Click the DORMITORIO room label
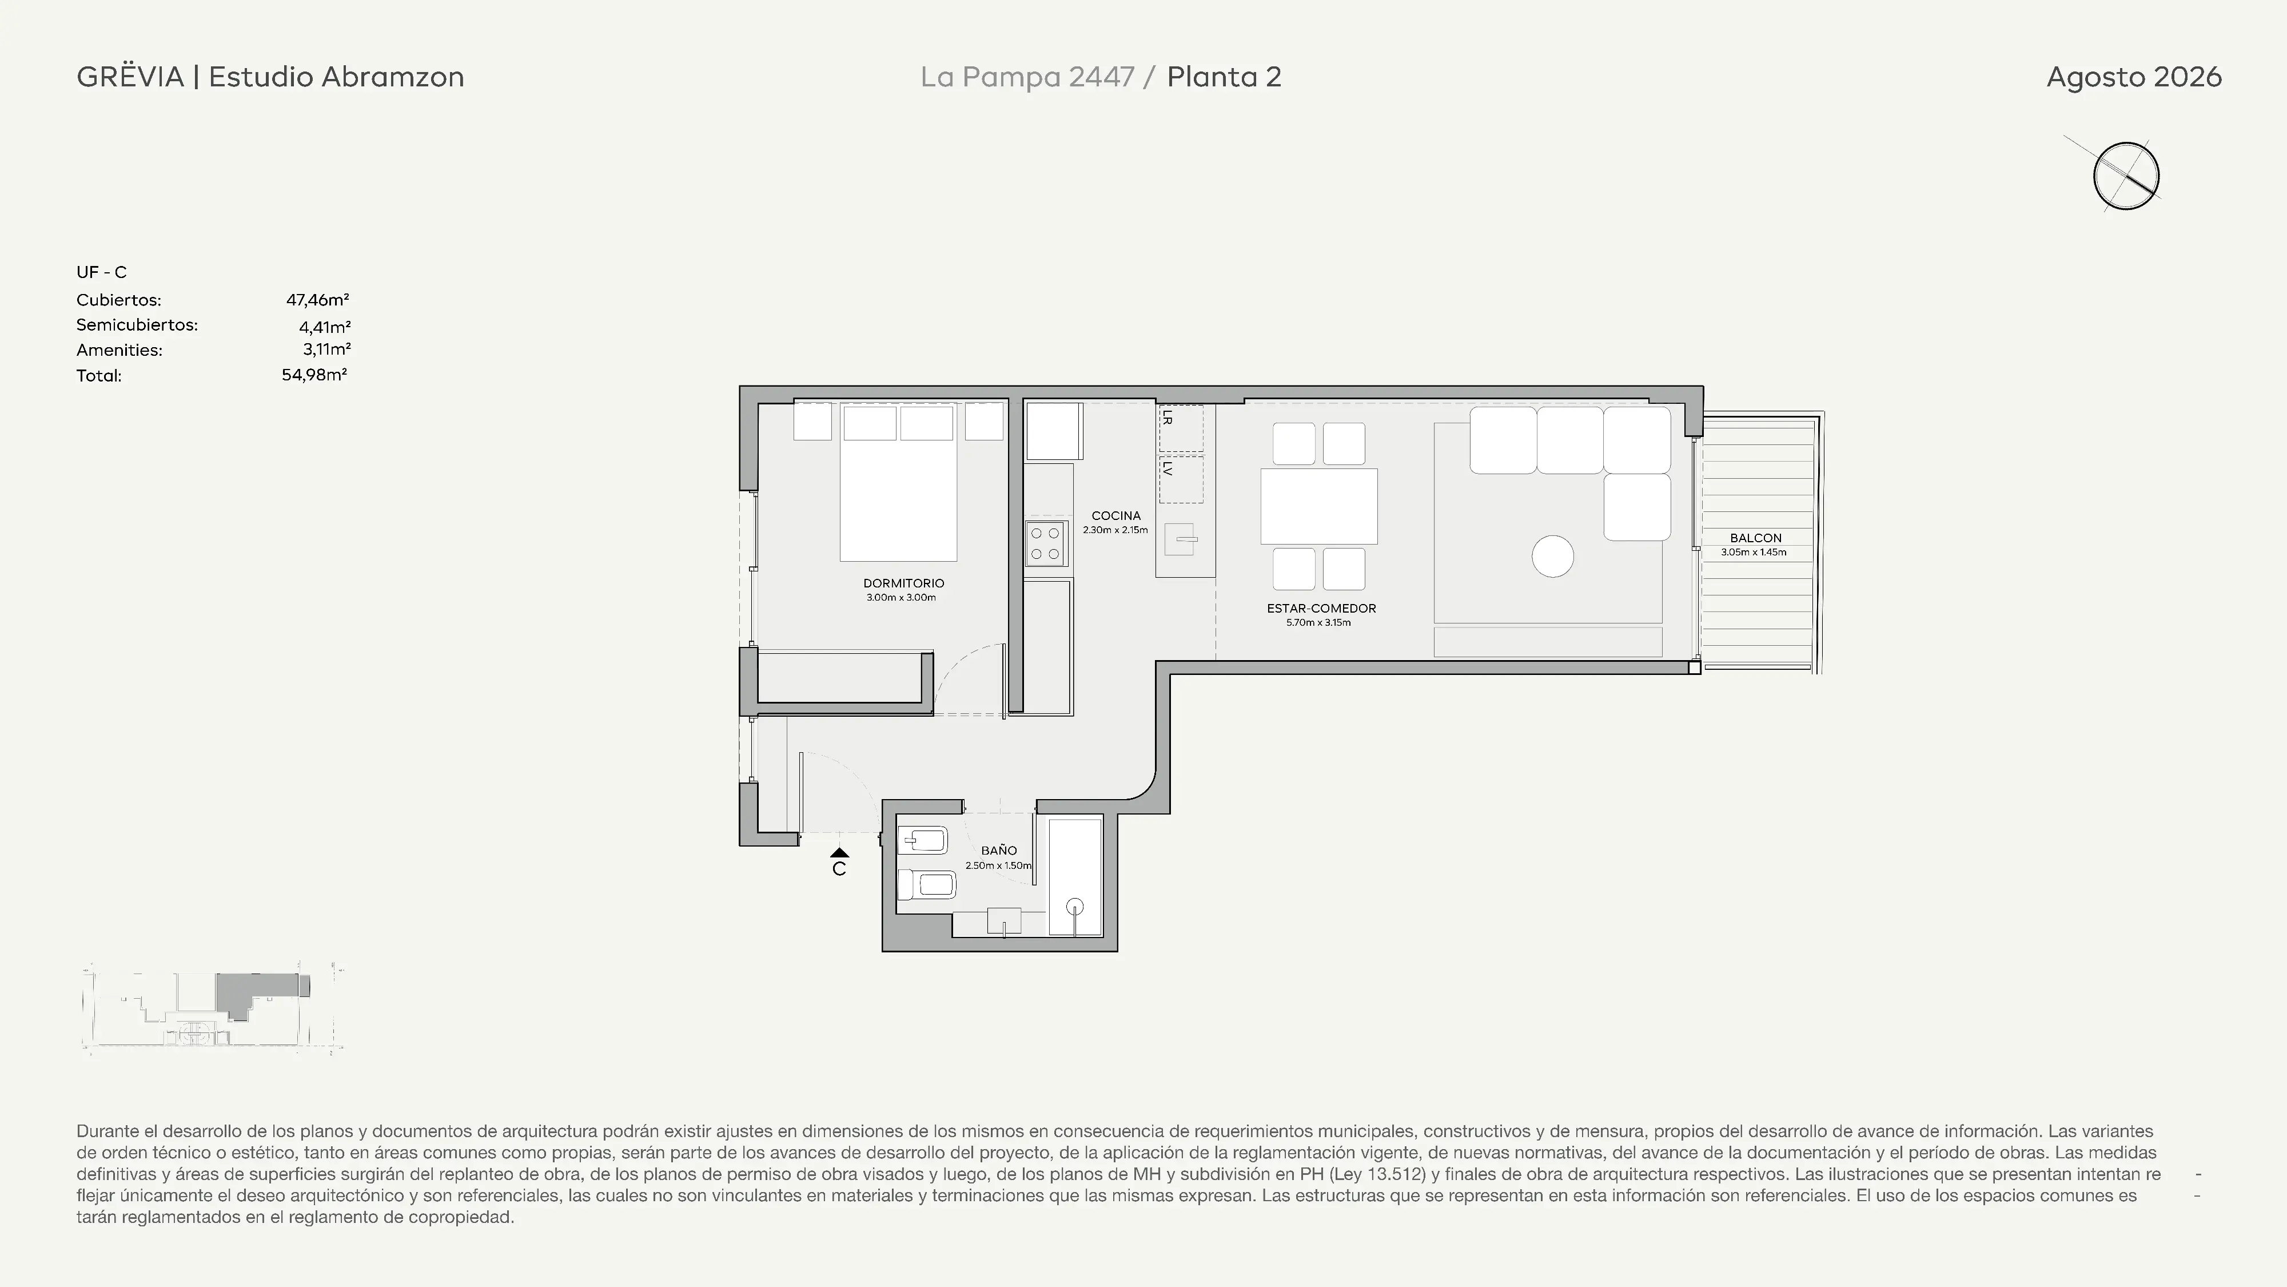903,583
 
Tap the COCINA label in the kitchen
1116,516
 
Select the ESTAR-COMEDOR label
1321,609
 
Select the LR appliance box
1181,428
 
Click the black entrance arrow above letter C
839,853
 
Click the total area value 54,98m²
314,375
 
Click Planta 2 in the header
1224,77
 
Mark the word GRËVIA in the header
130,77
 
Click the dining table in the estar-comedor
1319,506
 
